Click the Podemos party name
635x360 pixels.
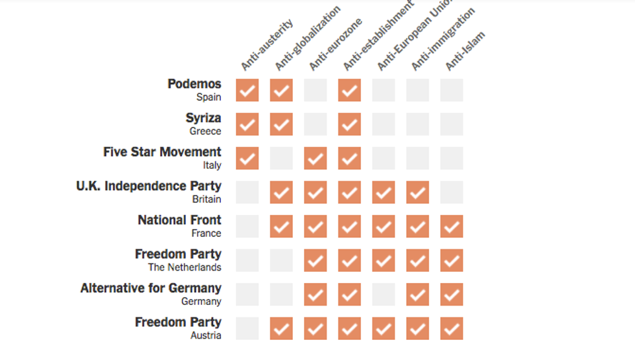[x=194, y=84]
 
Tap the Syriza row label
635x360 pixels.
[x=203, y=118]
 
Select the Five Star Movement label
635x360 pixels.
[x=162, y=152]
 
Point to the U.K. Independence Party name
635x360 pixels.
[x=148, y=186]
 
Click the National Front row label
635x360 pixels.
[x=179, y=220]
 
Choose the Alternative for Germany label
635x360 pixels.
[x=151, y=288]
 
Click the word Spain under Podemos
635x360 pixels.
[x=209, y=97]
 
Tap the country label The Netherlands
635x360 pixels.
[x=185, y=267]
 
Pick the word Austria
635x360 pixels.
[x=205, y=335]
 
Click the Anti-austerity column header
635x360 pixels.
[x=267, y=45]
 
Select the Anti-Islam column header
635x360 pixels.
[x=465, y=51]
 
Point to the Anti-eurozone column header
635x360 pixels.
[x=334, y=45]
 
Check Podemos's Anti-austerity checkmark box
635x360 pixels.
[x=248, y=91]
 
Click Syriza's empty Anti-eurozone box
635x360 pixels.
[x=316, y=124]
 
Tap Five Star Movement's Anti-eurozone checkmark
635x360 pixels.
[x=316, y=159]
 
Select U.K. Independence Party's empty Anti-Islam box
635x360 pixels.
[x=452, y=192]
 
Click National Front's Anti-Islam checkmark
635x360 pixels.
[x=452, y=227]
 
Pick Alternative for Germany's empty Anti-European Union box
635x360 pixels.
[x=384, y=295]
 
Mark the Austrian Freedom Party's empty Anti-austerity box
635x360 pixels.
[x=248, y=328]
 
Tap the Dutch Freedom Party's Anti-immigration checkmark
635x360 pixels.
[x=417, y=260]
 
